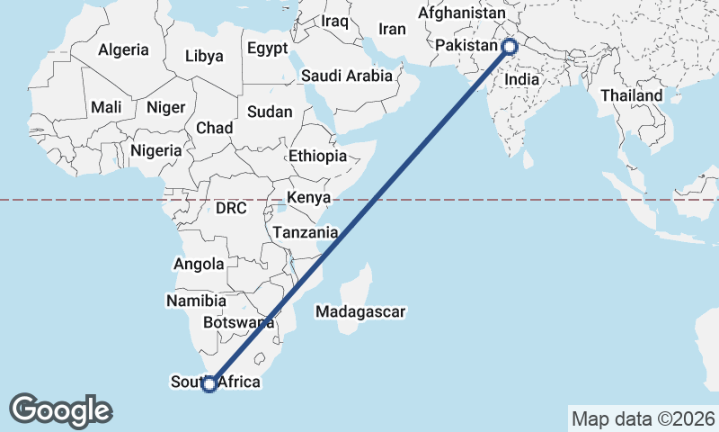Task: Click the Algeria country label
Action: point(123,50)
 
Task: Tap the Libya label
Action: point(204,56)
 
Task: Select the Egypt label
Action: point(267,48)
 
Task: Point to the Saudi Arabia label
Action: point(347,76)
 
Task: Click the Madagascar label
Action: point(360,312)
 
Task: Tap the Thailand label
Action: point(632,94)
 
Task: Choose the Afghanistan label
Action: point(462,14)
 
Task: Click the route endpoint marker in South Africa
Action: point(209,384)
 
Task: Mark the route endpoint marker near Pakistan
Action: point(510,46)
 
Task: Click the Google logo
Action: point(60,410)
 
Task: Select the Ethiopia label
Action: point(317,156)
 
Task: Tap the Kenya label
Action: point(308,197)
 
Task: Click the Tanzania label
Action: point(306,232)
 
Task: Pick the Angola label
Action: point(198,265)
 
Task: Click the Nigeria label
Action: point(156,150)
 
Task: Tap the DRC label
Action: point(231,208)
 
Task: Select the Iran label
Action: point(392,29)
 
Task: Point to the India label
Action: point(521,79)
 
